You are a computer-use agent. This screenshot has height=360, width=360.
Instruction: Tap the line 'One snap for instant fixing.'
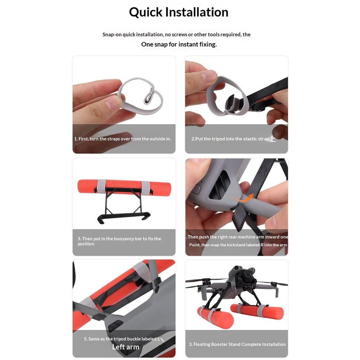pos(179,44)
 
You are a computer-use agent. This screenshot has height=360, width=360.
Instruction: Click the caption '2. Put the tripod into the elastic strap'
pos(230,139)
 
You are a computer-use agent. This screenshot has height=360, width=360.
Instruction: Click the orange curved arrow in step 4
pos(244,198)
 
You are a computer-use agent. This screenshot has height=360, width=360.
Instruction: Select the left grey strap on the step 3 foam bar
pos(101,186)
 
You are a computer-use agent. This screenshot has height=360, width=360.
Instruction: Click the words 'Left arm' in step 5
pos(126,347)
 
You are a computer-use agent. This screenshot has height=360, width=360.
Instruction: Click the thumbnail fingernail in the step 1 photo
pos(113,103)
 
